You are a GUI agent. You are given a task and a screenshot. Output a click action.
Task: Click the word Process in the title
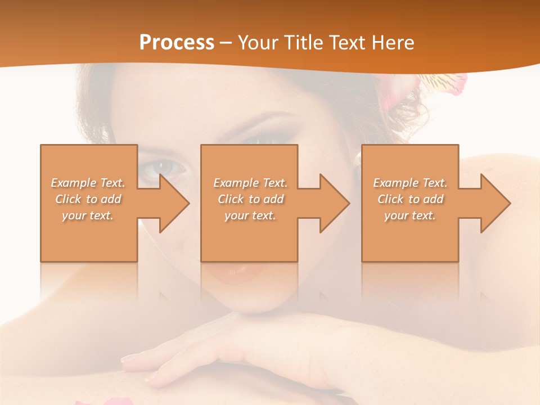pyautogui.click(x=177, y=43)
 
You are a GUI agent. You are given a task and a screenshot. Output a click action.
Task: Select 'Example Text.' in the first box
pyautogui.click(x=88, y=183)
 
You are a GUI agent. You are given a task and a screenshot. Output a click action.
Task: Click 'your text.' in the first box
pyautogui.click(x=88, y=215)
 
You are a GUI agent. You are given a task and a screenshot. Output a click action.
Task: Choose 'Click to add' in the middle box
pyautogui.click(x=250, y=199)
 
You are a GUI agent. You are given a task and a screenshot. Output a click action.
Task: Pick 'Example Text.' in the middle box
pyautogui.click(x=250, y=183)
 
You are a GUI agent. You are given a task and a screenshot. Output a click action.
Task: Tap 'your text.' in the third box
pyautogui.click(x=410, y=215)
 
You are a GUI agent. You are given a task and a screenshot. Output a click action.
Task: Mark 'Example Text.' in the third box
pyautogui.click(x=410, y=183)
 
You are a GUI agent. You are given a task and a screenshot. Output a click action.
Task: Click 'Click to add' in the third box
pyautogui.click(x=410, y=199)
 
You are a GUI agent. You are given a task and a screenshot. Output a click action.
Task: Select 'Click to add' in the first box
pyautogui.click(x=88, y=199)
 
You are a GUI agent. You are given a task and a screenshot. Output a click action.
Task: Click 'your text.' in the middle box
pyautogui.click(x=250, y=215)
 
